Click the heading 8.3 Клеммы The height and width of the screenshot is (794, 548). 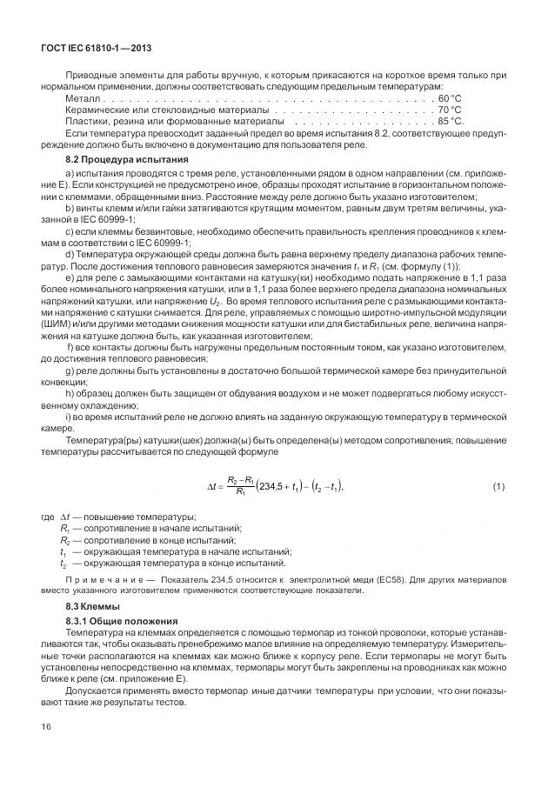(x=94, y=605)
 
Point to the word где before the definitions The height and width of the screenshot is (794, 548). (x=47, y=518)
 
